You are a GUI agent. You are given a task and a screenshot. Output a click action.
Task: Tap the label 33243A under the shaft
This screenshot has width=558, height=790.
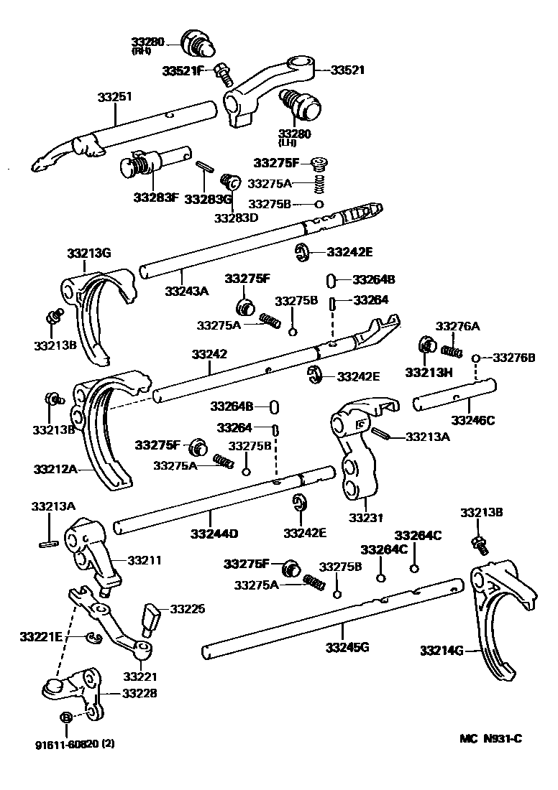coord(186,291)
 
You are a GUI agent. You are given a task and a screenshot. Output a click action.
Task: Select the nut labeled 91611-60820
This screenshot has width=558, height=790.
coord(65,717)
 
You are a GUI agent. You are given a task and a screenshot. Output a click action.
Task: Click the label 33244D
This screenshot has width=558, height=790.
coord(214,534)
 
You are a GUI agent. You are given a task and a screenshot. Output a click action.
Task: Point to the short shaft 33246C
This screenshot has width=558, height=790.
coord(453,398)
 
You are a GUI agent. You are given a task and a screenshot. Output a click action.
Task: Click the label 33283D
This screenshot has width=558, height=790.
coord(235,218)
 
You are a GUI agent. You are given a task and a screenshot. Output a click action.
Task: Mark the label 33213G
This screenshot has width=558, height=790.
coord(89,253)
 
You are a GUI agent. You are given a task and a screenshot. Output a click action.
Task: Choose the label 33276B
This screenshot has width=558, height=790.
coord(514,358)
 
